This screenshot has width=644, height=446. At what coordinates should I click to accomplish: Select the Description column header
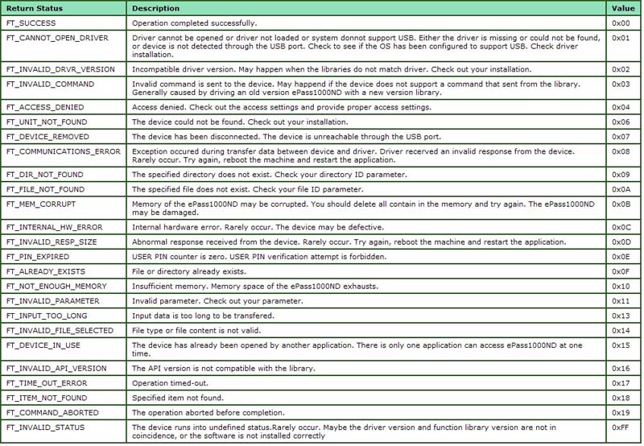click(156, 8)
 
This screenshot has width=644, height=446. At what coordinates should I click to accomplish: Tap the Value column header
click(623, 8)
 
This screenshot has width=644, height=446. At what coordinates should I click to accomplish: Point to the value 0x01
click(621, 38)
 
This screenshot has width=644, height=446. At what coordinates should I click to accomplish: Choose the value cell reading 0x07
click(621, 136)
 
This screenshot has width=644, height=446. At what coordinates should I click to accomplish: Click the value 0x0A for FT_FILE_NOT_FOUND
click(621, 189)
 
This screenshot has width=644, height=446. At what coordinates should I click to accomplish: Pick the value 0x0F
click(621, 271)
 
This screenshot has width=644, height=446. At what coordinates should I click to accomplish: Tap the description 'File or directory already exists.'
click(190, 271)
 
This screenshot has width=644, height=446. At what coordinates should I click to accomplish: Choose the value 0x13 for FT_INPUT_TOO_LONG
click(621, 316)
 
